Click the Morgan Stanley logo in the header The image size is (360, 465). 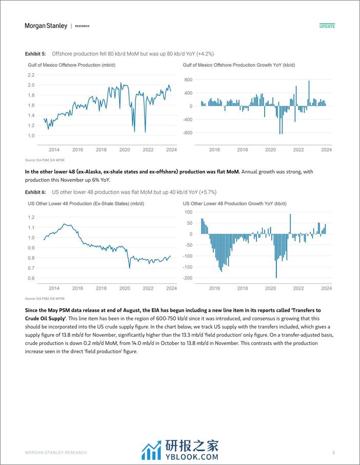tap(46, 26)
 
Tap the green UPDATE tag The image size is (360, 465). tap(327, 26)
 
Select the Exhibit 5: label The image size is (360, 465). tap(36, 54)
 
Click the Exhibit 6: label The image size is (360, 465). tap(36, 192)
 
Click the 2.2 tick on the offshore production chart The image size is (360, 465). tap(31, 75)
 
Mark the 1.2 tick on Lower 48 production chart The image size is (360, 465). tap(31, 217)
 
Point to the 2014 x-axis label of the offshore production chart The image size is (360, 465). tap(54, 150)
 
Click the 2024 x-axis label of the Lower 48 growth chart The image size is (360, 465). tap(327, 289)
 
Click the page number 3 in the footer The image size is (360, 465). tap(333, 452)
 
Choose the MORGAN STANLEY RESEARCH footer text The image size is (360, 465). tap(56, 452)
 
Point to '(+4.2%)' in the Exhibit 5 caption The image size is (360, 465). tap(204, 54)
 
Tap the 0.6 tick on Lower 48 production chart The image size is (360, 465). tap(31, 278)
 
